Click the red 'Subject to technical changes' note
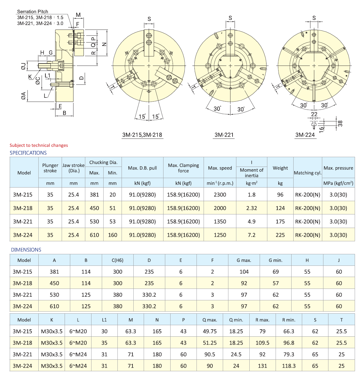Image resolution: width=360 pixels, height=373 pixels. (39, 145)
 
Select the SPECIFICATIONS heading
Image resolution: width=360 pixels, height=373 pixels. (28, 153)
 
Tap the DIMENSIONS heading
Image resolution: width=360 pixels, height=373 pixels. (26, 250)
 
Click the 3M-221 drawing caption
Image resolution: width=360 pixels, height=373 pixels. (224, 135)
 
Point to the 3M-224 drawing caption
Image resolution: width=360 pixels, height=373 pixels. (305, 135)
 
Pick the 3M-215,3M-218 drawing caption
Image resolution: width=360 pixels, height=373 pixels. (142, 135)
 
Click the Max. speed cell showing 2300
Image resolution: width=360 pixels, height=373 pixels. (220, 195)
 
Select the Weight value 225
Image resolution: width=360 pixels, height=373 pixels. (280, 235)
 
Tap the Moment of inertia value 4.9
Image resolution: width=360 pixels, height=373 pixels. (251, 221)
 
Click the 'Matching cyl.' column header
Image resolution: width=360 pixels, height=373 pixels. (307, 173)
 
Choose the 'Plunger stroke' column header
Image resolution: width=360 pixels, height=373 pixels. (50, 168)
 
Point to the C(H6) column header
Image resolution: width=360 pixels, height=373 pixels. (117, 260)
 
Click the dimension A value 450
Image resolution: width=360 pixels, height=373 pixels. (54, 283)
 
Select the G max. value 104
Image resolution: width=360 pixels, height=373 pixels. (244, 272)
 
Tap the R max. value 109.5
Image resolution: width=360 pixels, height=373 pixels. (262, 343)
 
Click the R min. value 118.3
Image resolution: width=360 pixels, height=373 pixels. (289, 366)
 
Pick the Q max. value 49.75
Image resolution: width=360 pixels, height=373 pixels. (210, 331)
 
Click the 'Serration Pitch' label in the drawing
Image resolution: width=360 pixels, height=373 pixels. (32, 12)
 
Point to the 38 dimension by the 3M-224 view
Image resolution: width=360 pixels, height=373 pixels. (340, 123)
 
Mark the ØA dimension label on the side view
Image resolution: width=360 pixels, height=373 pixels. (23, 96)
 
